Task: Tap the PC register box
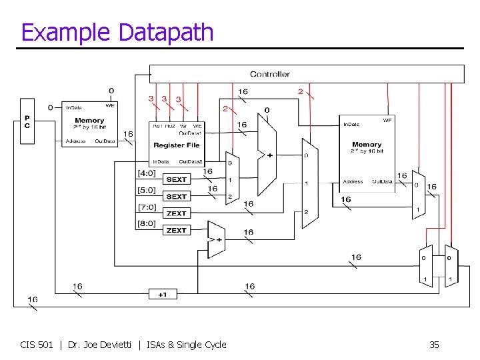click(x=27, y=121)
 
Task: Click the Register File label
click(x=177, y=145)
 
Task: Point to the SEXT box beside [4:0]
click(x=177, y=179)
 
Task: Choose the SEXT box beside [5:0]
click(x=177, y=197)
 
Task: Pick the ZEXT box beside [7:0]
click(x=177, y=213)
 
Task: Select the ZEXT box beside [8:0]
click(x=177, y=230)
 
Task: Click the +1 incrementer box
click(x=163, y=295)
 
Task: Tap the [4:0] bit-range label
click(x=147, y=173)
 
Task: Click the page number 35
click(x=434, y=345)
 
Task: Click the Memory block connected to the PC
click(x=89, y=124)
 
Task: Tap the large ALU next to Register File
click(x=266, y=155)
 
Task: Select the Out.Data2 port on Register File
click(x=191, y=161)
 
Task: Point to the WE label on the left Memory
click(x=110, y=105)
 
